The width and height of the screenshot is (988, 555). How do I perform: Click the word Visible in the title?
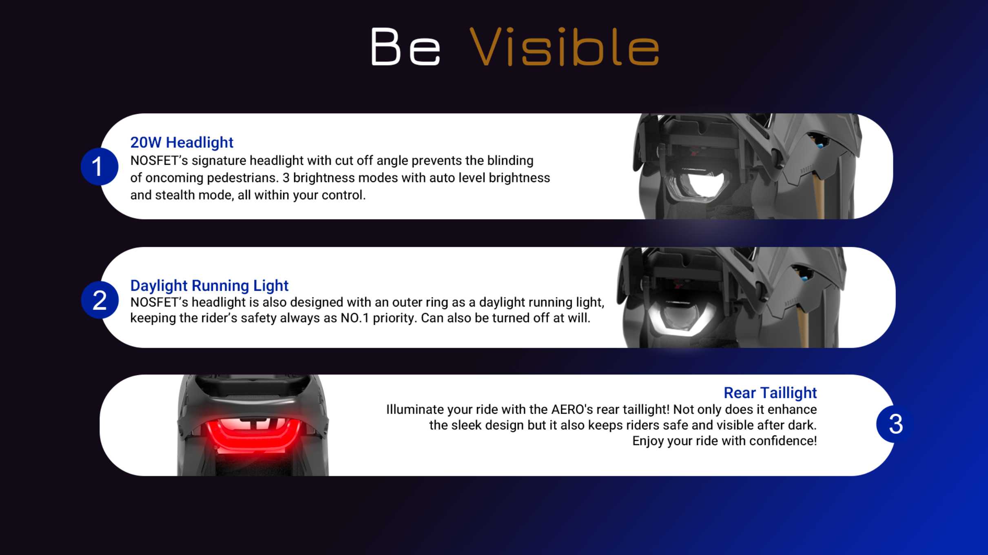pos(564,47)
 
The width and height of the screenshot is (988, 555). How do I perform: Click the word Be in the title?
pos(405,47)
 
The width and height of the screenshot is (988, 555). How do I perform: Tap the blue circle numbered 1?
pos(100,166)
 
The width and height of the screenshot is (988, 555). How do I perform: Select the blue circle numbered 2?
pos(100,300)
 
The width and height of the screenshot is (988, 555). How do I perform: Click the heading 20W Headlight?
pos(182,142)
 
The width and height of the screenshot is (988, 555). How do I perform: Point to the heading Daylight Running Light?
pos(209,286)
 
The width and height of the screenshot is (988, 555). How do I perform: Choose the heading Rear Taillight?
pos(770,393)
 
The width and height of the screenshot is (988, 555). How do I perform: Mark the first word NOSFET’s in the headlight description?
pos(159,160)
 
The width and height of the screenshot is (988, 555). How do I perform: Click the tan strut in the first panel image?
pos(820,195)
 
